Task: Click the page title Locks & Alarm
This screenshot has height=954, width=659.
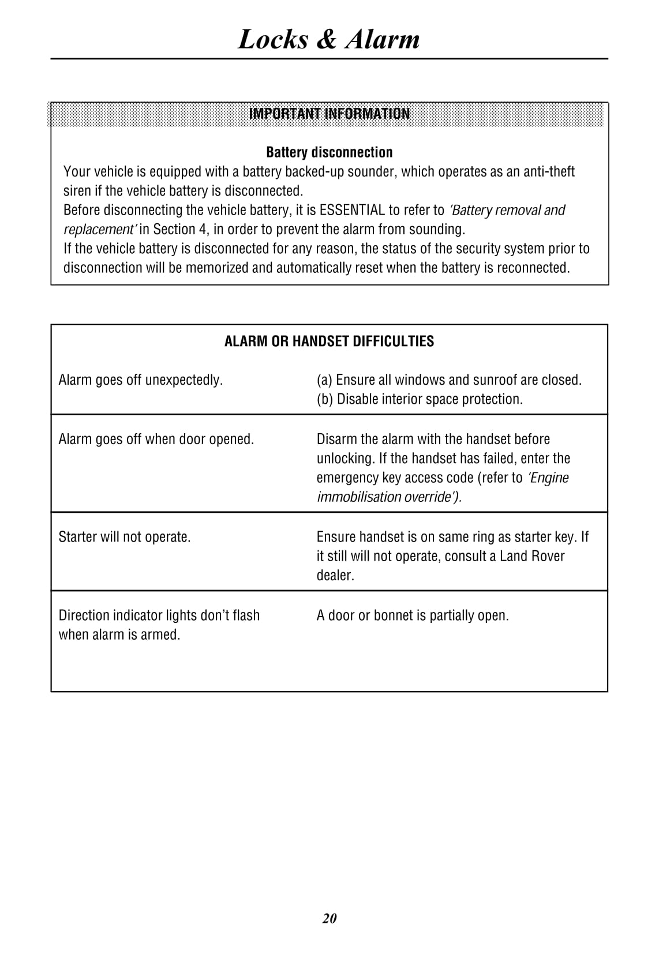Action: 329,39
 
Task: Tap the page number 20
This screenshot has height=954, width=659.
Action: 329,918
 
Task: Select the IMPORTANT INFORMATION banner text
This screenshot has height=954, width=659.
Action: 329,114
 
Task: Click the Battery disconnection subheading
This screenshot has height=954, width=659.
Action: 329,152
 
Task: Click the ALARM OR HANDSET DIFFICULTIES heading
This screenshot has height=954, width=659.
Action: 329,341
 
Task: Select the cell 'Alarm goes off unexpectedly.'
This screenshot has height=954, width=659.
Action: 140,380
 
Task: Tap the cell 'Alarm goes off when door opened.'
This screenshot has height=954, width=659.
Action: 156,440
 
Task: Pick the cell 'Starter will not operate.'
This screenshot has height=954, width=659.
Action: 124,537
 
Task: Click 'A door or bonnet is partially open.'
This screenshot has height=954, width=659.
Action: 413,615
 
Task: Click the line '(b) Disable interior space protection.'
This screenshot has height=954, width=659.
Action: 420,399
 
